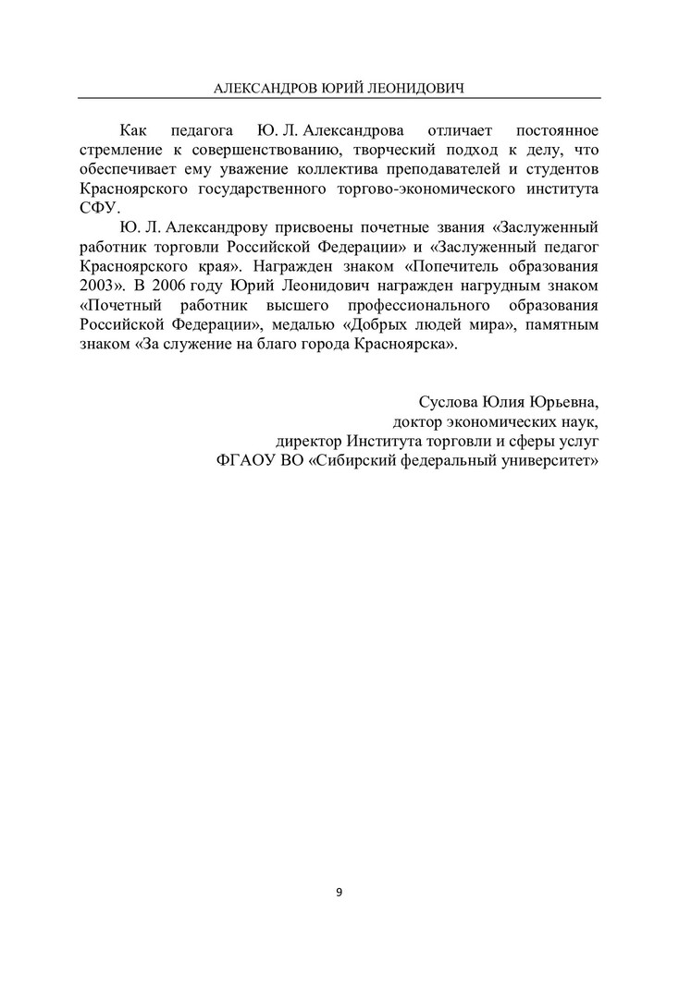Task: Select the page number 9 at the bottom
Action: (x=339, y=892)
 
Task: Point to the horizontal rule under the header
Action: (x=339, y=98)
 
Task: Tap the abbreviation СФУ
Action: (x=98, y=208)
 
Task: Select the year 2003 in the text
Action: (x=99, y=285)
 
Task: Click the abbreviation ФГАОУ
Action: (x=241, y=461)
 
